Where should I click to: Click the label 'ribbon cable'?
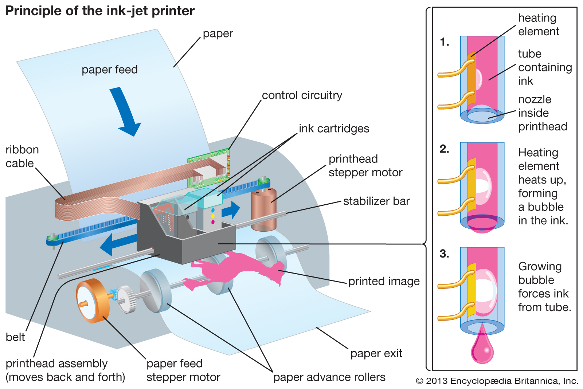pos(22,157)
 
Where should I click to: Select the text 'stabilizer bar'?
pos(376,201)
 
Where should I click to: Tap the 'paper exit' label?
pos(376,353)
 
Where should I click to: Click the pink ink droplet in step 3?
pos(482,350)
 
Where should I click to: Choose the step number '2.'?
pos(444,149)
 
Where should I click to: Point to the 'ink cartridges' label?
pos(334,129)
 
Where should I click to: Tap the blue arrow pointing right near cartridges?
pos(232,210)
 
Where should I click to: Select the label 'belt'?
pos(15,337)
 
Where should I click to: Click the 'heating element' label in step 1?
pos(538,25)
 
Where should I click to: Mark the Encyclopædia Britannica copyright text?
pos(497,381)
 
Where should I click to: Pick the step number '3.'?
pos(444,254)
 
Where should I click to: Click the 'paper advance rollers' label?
pos(329,377)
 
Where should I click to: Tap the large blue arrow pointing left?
pos(117,244)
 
